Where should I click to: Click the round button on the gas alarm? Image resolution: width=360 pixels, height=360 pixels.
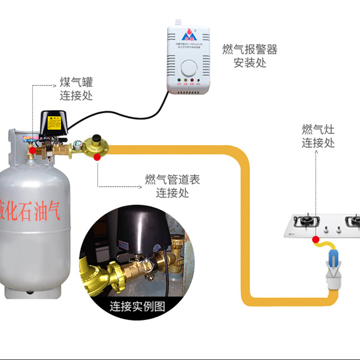pyautogui.click(x=188, y=69)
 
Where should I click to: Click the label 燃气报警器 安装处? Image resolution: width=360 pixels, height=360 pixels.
pyautogui.click(x=250, y=56)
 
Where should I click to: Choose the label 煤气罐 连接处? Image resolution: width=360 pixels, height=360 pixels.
pyautogui.click(x=76, y=89)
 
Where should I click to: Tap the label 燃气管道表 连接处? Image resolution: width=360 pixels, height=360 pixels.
pyautogui.click(x=172, y=186)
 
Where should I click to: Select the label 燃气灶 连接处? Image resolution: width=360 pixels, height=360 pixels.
pyautogui.click(x=318, y=136)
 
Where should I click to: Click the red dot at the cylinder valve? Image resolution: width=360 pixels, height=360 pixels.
pyautogui.click(x=32, y=150)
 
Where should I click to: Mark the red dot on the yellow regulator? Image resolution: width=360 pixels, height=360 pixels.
pyautogui.click(x=97, y=157)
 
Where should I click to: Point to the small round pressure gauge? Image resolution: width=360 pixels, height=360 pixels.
pyautogui.click(x=76, y=146)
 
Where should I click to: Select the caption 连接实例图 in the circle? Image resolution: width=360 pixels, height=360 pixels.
pyautogui.click(x=137, y=306)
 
